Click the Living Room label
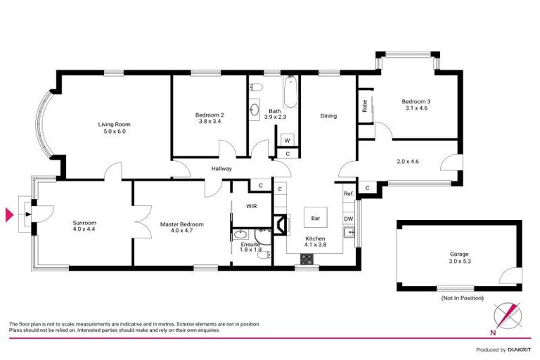tap(114, 124)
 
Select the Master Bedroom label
tap(181, 224)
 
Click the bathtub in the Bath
tap(290, 92)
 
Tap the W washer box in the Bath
tap(288, 139)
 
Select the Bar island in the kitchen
tap(316, 218)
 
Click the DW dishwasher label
tap(348, 219)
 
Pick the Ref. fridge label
tap(348, 193)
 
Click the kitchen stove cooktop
tap(307, 258)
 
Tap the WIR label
tap(251, 206)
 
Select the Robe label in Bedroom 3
tap(365, 105)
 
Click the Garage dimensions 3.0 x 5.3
tap(458, 262)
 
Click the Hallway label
tap(221, 169)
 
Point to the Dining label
tap(328, 116)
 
